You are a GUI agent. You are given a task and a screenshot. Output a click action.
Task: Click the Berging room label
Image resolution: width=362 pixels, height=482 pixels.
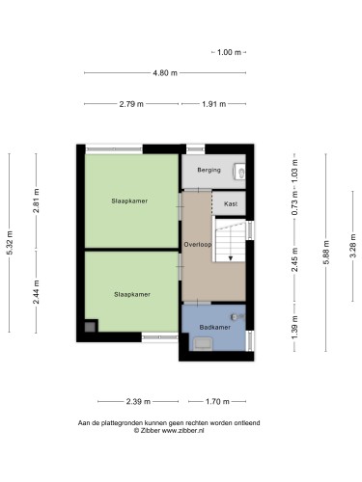[209, 170]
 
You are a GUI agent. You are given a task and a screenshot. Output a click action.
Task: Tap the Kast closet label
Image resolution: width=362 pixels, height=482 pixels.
[231, 203]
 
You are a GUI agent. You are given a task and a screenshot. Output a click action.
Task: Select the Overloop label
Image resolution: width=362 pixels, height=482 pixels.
[198, 245]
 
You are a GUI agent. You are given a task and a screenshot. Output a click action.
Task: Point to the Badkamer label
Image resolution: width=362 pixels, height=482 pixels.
[215, 327]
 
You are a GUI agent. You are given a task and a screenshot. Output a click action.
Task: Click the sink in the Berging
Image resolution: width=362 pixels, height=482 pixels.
[238, 171]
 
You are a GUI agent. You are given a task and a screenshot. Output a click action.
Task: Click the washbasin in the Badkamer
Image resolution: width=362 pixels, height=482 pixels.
[203, 344]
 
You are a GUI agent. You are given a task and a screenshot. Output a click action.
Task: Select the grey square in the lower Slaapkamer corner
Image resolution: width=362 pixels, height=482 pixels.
[90, 327]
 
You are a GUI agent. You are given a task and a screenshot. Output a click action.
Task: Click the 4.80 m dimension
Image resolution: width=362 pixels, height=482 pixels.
[165, 73]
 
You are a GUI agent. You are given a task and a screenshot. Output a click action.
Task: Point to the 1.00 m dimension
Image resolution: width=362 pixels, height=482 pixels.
[229, 52]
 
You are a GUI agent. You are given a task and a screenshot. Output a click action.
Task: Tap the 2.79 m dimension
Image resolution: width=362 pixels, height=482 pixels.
[131, 104]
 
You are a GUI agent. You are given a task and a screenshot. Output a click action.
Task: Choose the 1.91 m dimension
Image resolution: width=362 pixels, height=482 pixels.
[214, 104]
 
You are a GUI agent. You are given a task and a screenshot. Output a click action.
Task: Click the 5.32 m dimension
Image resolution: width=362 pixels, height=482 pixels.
[10, 243]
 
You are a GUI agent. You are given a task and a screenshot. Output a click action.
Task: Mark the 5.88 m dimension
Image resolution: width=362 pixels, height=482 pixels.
[326, 253]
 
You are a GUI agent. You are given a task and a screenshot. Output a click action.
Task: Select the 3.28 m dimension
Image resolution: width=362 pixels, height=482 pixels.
[353, 246]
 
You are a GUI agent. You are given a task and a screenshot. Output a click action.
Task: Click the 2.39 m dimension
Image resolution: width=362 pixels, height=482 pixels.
[138, 402]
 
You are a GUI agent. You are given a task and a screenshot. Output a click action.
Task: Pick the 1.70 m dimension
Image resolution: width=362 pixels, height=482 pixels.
[217, 402]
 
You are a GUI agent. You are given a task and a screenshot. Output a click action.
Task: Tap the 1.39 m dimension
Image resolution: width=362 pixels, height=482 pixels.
[294, 327]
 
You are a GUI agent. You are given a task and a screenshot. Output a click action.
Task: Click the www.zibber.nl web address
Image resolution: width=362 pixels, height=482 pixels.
[182, 431]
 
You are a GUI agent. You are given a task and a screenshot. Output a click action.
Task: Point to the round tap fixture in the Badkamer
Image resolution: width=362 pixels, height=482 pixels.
[235, 317]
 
